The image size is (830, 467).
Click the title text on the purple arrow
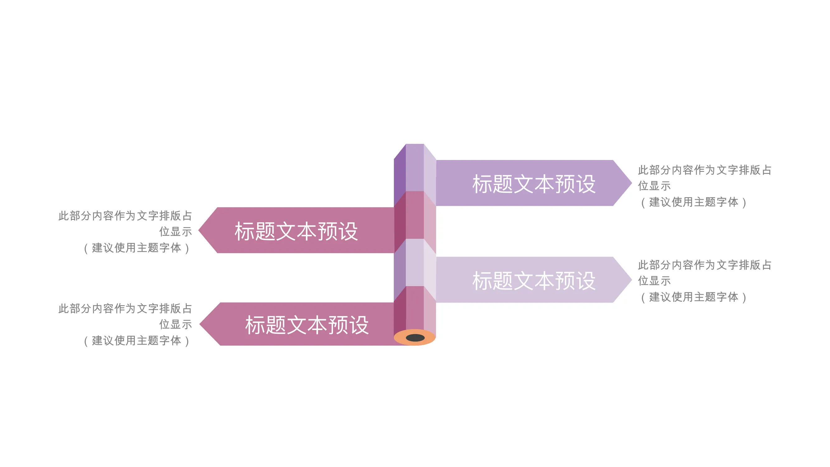(534, 184)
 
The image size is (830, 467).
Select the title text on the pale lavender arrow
(534, 281)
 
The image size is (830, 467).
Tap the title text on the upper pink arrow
(296, 231)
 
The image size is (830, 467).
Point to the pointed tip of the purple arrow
(631, 183)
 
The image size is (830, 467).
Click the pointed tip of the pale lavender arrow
(631, 280)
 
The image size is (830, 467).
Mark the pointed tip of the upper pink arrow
(199, 230)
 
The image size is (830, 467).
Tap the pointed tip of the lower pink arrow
(200, 324)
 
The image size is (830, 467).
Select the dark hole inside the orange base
(415, 338)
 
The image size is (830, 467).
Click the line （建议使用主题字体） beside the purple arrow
(693, 202)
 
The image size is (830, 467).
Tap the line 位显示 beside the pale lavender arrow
(654, 281)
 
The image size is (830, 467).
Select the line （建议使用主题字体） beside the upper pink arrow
(137, 248)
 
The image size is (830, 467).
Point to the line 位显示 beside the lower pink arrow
(176, 324)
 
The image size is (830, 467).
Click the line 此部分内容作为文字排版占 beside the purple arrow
(705, 170)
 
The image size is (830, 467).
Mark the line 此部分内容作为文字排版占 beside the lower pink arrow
(125, 309)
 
